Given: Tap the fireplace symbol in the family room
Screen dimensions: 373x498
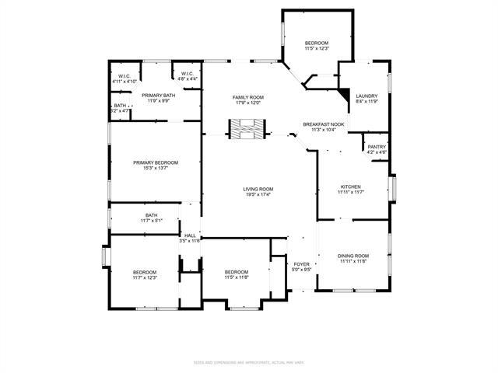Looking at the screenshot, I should (x=246, y=129).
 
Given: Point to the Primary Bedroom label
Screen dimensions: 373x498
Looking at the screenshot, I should (x=155, y=162).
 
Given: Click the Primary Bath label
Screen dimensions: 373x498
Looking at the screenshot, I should (x=158, y=95).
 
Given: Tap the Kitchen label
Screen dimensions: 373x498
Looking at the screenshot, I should (x=350, y=187).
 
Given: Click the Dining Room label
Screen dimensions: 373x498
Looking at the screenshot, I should (x=352, y=256).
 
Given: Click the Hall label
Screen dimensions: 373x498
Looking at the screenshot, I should (x=190, y=235).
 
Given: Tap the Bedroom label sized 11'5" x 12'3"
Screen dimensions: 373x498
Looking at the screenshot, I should (x=317, y=43).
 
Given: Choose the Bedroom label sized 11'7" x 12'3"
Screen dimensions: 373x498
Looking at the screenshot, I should (x=145, y=272).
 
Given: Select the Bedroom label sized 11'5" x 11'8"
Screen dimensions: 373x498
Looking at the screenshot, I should (x=237, y=272).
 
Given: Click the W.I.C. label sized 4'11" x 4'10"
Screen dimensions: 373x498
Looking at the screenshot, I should (x=124, y=75).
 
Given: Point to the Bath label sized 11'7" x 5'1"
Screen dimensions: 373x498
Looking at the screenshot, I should (x=151, y=215).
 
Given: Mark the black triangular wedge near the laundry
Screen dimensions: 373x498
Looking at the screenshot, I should (x=343, y=92).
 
